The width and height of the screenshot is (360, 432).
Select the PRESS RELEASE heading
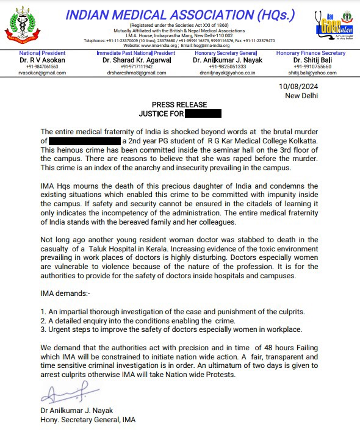179,105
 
